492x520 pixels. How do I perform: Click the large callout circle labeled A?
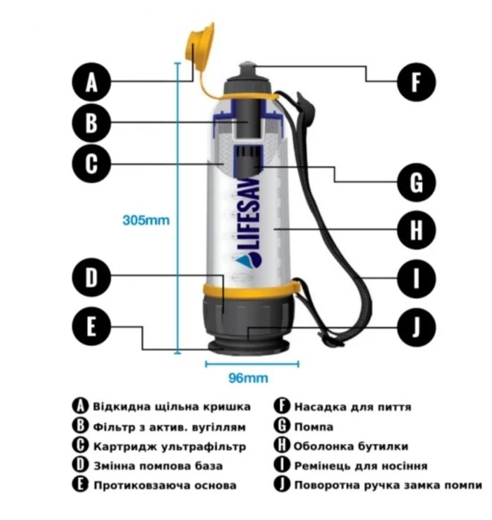(x=92, y=82)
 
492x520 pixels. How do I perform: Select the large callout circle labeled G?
(x=415, y=182)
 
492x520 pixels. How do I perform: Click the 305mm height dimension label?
(x=146, y=220)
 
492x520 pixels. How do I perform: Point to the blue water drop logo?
(x=253, y=260)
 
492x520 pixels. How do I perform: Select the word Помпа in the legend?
(x=314, y=427)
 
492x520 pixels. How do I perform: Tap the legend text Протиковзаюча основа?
(x=165, y=486)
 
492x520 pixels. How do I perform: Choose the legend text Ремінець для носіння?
(x=360, y=466)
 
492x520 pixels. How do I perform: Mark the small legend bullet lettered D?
(x=81, y=466)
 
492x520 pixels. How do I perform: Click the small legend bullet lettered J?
(x=281, y=485)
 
